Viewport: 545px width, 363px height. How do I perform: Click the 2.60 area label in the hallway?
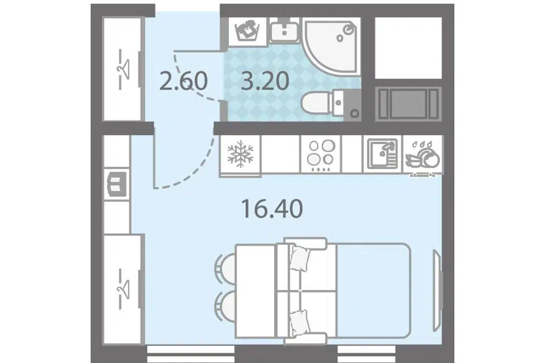[x=183, y=81]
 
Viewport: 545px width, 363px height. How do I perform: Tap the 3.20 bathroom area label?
[x=265, y=81]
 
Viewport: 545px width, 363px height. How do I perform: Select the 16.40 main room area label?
[x=272, y=209]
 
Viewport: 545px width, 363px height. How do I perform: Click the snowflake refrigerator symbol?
[x=241, y=154]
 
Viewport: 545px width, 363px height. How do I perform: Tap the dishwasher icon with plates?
[x=423, y=155]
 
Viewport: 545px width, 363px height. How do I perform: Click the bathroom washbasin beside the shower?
[x=284, y=31]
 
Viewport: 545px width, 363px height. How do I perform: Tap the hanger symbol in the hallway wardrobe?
[x=123, y=69]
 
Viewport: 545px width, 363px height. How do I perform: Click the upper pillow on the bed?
[x=300, y=258]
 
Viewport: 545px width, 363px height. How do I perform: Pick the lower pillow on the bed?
[x=300, y=323]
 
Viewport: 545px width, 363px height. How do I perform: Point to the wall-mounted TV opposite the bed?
[x=437, y=291]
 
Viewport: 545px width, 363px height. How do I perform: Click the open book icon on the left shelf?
[x=116, y=184]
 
